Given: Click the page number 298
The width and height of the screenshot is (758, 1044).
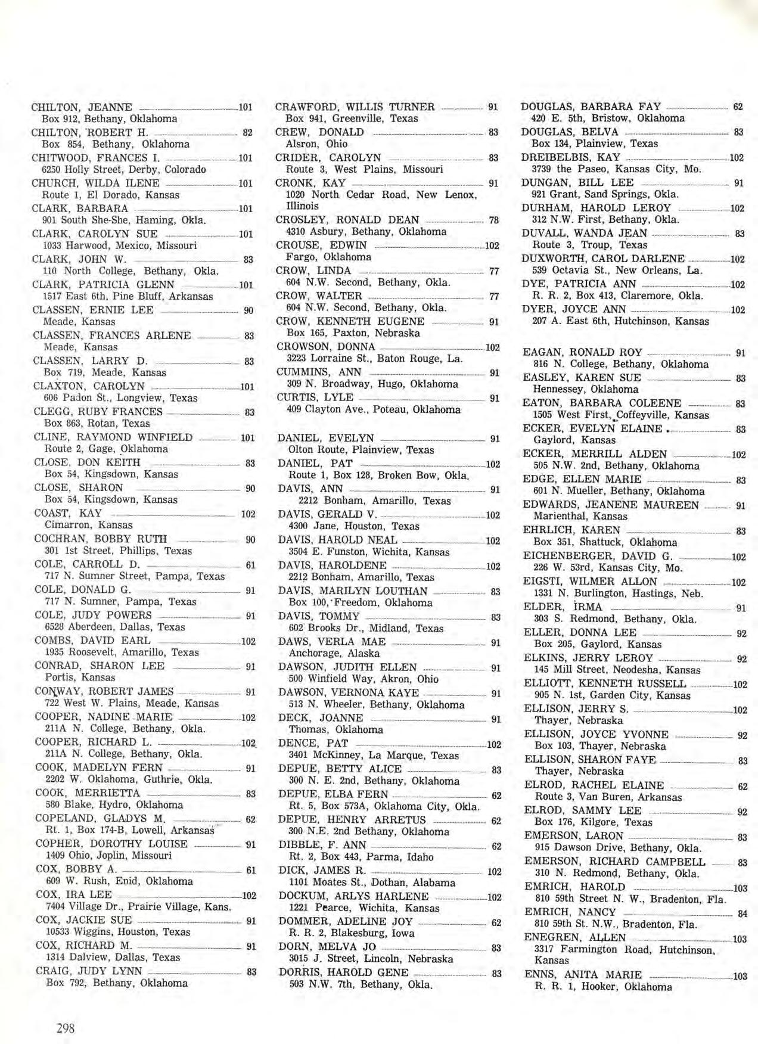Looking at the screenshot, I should coord(66,1027).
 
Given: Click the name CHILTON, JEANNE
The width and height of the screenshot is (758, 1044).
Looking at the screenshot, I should coord(82,107).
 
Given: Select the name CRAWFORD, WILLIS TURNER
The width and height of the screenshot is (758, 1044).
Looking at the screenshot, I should coord(355,107).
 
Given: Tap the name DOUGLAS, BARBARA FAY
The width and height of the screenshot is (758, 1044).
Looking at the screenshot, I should coord(591,107).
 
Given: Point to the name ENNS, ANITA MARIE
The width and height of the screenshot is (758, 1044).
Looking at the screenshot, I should coord(583,975).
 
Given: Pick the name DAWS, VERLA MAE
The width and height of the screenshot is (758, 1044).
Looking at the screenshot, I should coord(331,642).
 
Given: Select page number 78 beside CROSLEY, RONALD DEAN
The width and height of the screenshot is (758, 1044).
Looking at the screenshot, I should coord(493,220).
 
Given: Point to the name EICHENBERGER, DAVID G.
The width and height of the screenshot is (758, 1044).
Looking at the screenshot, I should coord(598,556).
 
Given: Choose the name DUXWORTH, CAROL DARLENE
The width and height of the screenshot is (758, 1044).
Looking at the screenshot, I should coord(603,259).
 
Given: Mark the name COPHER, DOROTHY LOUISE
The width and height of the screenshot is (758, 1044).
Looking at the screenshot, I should coord(111,844).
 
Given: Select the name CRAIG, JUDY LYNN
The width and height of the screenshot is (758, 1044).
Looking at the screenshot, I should coord(89,971).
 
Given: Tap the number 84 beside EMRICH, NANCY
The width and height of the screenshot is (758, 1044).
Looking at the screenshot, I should coord(742,913).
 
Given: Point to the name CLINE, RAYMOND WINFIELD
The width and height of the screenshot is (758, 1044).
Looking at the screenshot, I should coord(113,437).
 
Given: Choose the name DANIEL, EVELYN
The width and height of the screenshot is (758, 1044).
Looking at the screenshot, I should coord(325,438).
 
